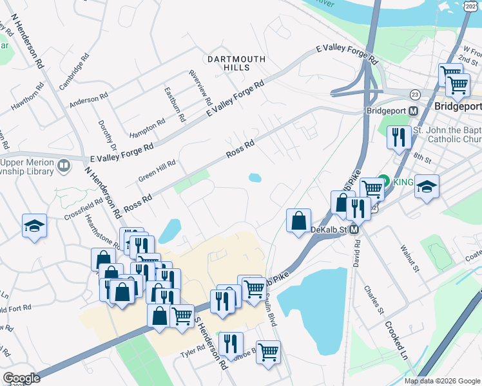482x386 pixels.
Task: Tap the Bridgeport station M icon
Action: pyautogui.click(x=414, y=111)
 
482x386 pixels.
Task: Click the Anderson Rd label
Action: pyautogui.click(x=88, y=100)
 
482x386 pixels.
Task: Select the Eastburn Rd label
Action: pyautogui.click(x=174, y=104)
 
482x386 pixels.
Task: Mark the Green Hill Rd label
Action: pyautogui.click(x=157, y=172)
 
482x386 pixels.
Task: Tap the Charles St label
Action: pyautogui.click(x=374, y=300)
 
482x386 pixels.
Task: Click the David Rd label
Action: pyautogui.click(x=356, y=255)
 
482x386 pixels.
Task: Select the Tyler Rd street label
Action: pyautogui.click(x=192, y=351)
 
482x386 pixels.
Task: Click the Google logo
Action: pyautogui.click(x=21, y=378)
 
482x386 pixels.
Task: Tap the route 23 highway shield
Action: pyautogui.click(x=415, y=94)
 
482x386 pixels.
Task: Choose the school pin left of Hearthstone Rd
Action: pyautogui.click(x=34, y=226)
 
